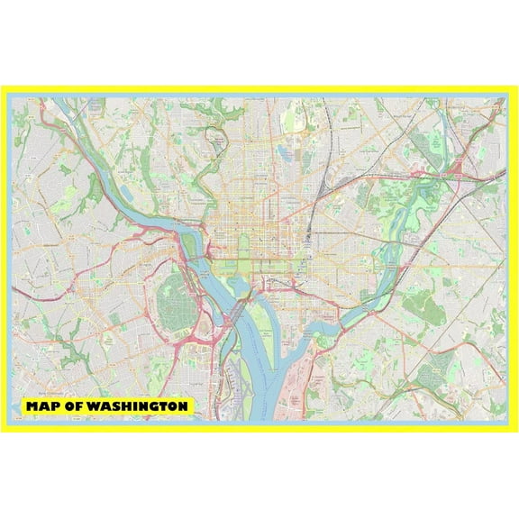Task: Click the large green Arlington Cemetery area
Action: coord(172,302)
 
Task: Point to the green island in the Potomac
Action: coord(192,228)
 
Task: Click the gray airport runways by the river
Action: coord(236,383)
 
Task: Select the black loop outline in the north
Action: coord(216,140)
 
